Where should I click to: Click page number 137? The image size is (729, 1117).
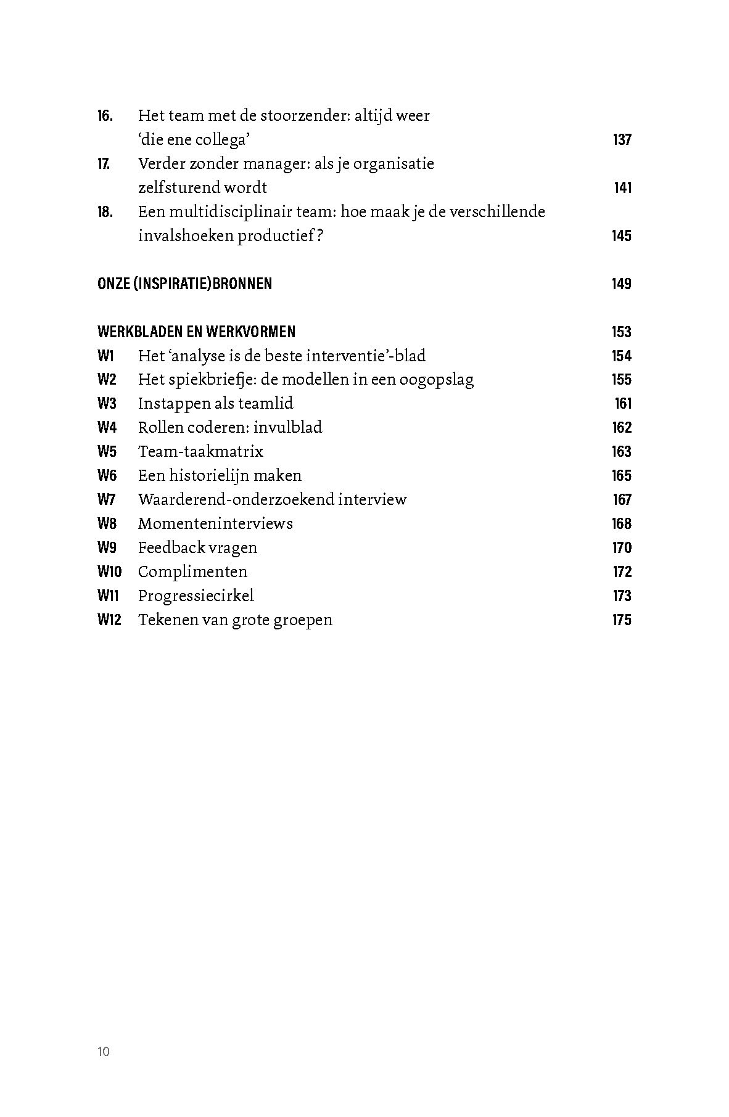[622, 140]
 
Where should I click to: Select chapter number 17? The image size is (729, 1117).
[104, 164]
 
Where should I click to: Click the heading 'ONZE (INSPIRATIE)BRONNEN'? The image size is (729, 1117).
[184, 284]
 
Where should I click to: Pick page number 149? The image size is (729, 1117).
[622, 284]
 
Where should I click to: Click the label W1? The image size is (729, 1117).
[106, 356]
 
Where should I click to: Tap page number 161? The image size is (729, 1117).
[623, 404]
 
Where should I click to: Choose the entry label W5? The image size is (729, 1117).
[107, 452]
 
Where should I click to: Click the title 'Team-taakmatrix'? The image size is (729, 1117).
[200, 452]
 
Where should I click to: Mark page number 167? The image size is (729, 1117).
[622, 500]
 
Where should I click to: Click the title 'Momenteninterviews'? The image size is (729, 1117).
[215, 524]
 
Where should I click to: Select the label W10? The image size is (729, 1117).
[109, 572]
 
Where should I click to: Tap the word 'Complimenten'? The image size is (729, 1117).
[192, 572]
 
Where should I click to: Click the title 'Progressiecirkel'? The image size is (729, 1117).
[196, 596]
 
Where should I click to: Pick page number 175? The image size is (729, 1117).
[622, 620]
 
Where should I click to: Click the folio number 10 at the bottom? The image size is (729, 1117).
[104, 1052]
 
